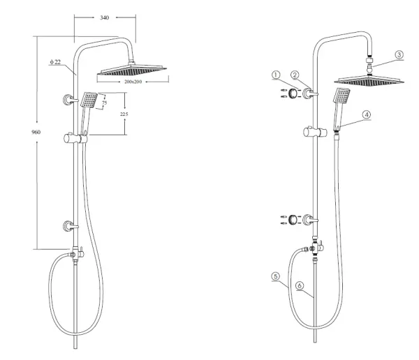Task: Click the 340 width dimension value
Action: [x=105, y=17]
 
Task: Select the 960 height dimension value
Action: [x=36, y=132]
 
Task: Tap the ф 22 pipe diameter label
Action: [x=55, y=62]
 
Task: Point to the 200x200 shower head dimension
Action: [x=133, y=82]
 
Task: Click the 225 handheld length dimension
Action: [x=124, y=114]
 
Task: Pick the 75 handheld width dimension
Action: [x=105, y=103]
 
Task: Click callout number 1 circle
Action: [x=276, y=75]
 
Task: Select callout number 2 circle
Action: [x=295, y=75]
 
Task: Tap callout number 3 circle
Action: [x=399, y=54]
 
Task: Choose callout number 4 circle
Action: [x=367, y=114]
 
